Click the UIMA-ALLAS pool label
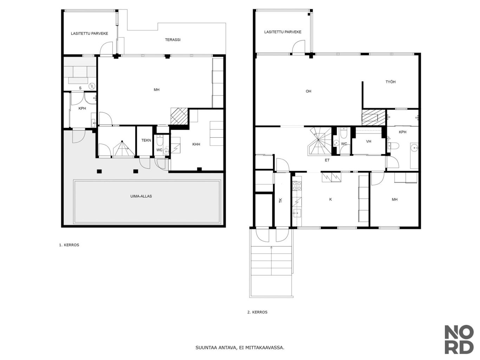(x=141, y=196)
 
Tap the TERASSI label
(x=173, y=40)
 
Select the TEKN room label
(x=146, y=140)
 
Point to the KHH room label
(x=196, y=144)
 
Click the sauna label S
(x=80, y=88)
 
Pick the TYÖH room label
(x=390, y=82)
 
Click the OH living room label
(x=308, y=91)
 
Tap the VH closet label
(x=369, y=142)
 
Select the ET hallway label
(x=327, y=160)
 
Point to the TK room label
(x=280, y=200)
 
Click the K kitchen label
(x=330, y=199)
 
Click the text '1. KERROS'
(x=69, y=245)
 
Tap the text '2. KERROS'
(x=257, y=312)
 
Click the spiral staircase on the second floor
(x=319, y=141)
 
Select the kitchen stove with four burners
(x=297, y=186)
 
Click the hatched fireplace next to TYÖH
(x=374, y=117)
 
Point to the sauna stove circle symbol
(x=92, y=86)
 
